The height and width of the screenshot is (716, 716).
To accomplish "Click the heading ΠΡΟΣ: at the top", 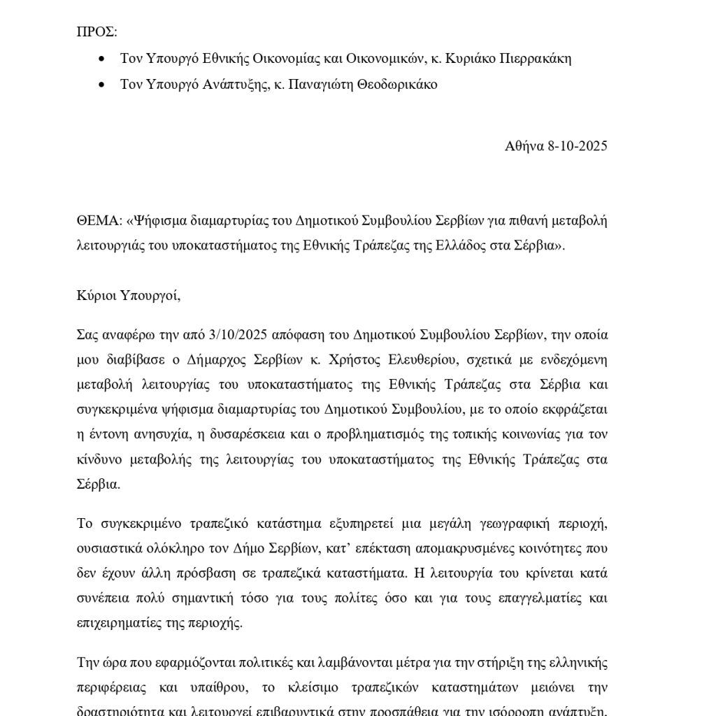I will tap(97, 32).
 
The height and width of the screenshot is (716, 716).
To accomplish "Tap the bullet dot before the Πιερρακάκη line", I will tap(103, 59).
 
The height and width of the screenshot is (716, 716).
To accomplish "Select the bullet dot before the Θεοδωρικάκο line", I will tap(103, 85).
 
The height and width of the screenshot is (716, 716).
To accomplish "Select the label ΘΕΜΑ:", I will tap(99, 222).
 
